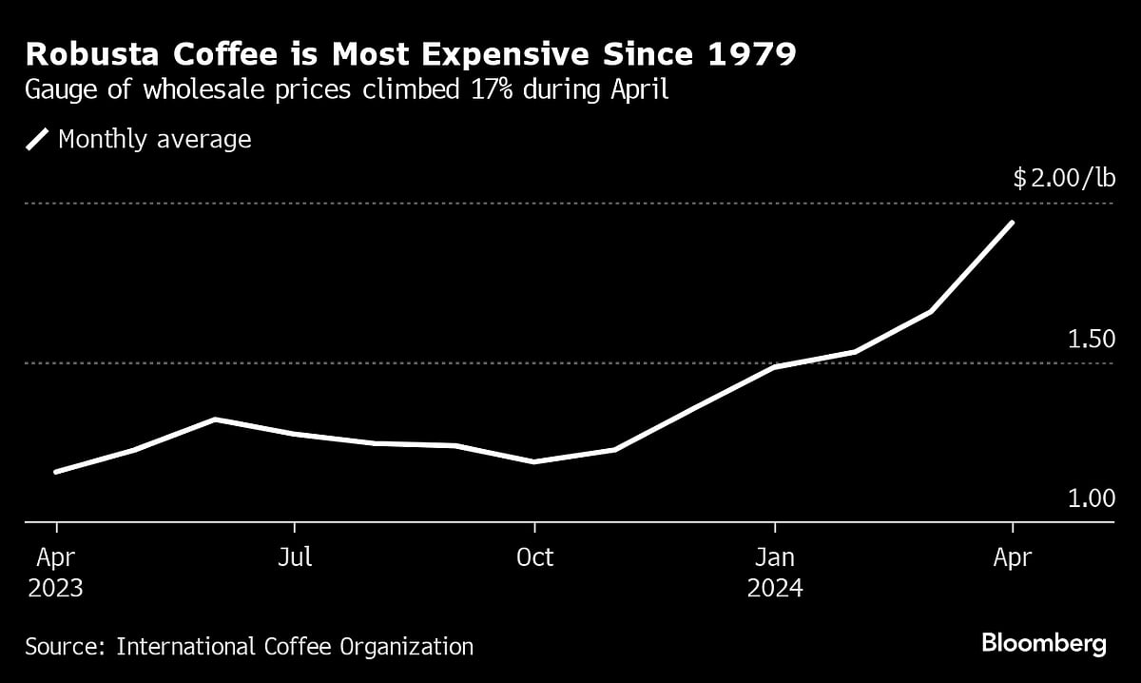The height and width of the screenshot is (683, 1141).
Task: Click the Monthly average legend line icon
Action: pos(37,140)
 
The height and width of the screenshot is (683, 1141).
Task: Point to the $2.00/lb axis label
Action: pos(1063,178)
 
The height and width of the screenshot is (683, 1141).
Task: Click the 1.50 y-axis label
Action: pos(1090,340)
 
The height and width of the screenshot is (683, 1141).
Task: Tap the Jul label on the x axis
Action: pos(295,558)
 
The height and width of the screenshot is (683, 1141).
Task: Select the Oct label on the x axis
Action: pos(534,558)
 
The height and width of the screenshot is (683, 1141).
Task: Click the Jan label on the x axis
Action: pos(775,558)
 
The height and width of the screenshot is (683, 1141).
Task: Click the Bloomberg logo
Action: pos(1043,644)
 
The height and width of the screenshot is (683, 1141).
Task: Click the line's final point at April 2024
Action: pos(1013,223)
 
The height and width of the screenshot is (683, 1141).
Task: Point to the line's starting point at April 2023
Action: pos(56,472)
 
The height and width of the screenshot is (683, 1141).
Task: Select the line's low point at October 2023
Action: pos(534,461)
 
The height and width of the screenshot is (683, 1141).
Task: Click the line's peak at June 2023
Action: pos(216,420)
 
